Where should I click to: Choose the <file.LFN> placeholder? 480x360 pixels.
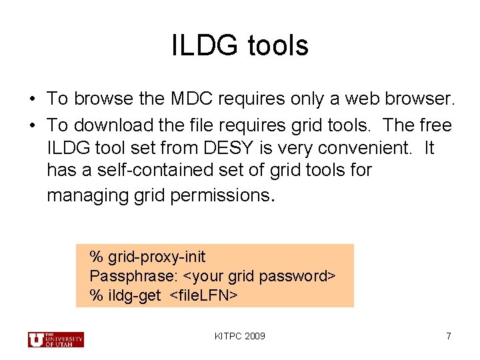click(203, 295)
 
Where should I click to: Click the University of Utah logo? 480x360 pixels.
click(55, 339)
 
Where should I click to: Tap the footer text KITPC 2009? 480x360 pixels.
click(240, 336)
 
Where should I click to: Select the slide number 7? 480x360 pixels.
click(449, 336)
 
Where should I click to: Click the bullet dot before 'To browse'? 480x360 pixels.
click(31, 100)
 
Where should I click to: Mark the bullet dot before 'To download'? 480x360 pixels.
click(31, 126)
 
